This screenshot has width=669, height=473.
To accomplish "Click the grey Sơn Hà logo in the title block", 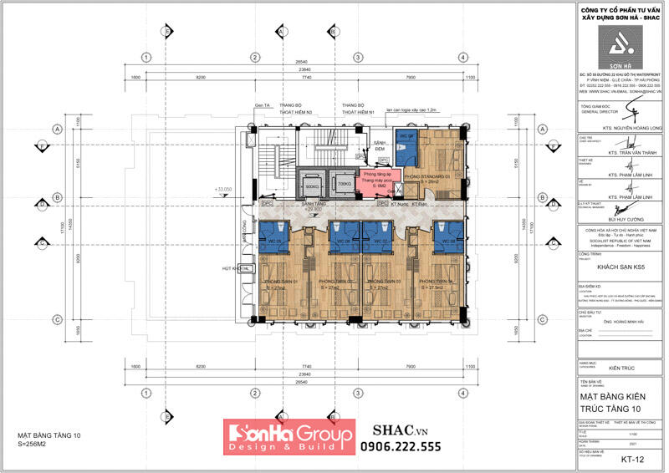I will (620, 50).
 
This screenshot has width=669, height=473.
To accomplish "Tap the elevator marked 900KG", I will (313, 186).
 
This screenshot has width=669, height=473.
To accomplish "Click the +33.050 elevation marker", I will (222, 191).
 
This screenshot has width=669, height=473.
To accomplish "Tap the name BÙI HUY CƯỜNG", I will (620, 215).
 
